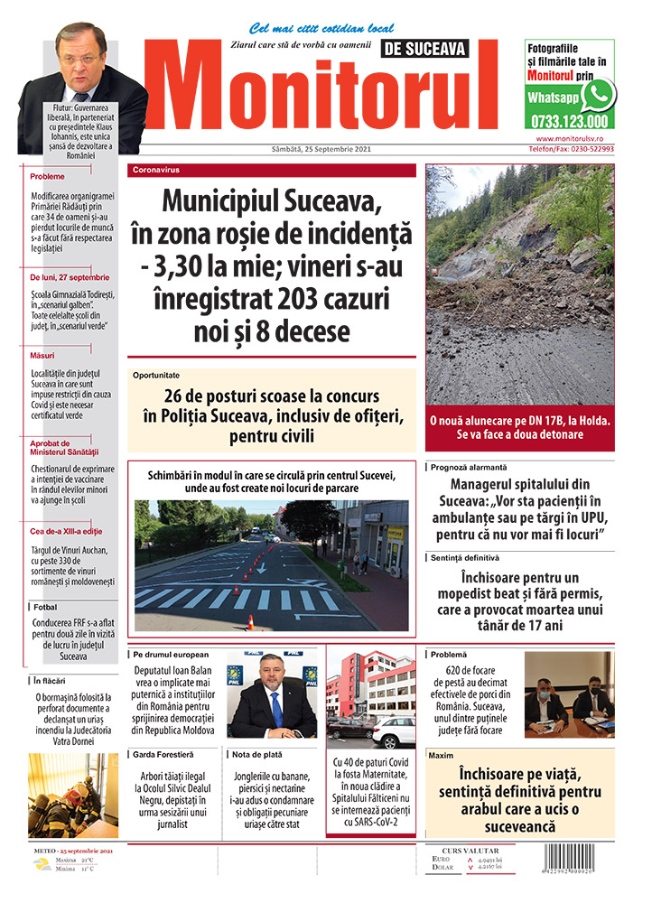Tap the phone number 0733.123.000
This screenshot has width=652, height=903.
click(569, 121)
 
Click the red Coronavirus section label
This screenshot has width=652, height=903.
click(156, 170)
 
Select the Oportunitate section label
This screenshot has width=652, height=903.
click(156, 374)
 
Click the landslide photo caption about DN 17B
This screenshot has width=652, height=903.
click(519, 427)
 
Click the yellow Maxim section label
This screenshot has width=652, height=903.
click(442, 753)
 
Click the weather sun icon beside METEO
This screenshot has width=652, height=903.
click(42, 864)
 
